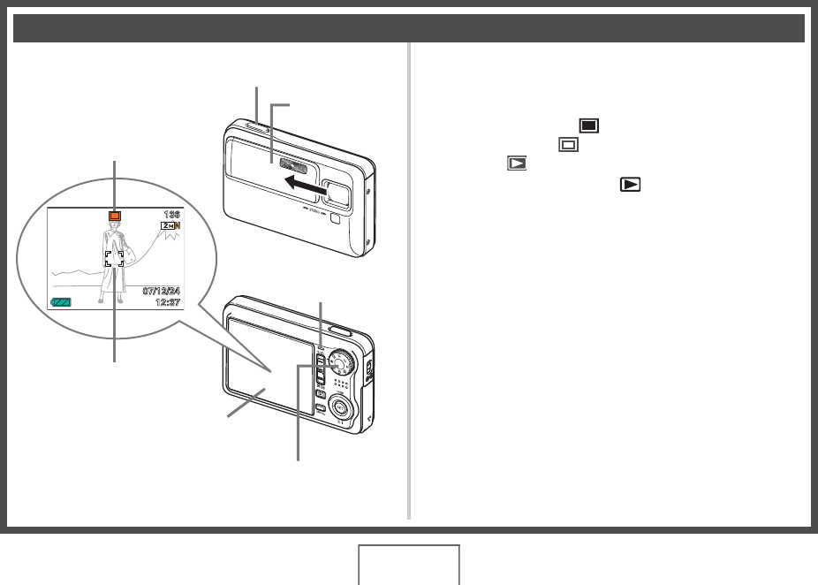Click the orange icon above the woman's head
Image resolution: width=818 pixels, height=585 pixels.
[114, 216]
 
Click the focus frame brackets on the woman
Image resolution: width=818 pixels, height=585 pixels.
[114, 258]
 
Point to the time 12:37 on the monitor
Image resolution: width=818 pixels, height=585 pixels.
[166, 302]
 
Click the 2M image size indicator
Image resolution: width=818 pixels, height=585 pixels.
[169, 227]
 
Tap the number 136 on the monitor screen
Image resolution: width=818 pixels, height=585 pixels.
[171, 215]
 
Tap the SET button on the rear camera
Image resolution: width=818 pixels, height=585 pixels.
[339, 406]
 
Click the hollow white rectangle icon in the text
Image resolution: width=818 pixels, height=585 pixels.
[569, 144]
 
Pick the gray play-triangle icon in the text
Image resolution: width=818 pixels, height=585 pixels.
[516, 163]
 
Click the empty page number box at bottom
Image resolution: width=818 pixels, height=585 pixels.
[409, 565]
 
